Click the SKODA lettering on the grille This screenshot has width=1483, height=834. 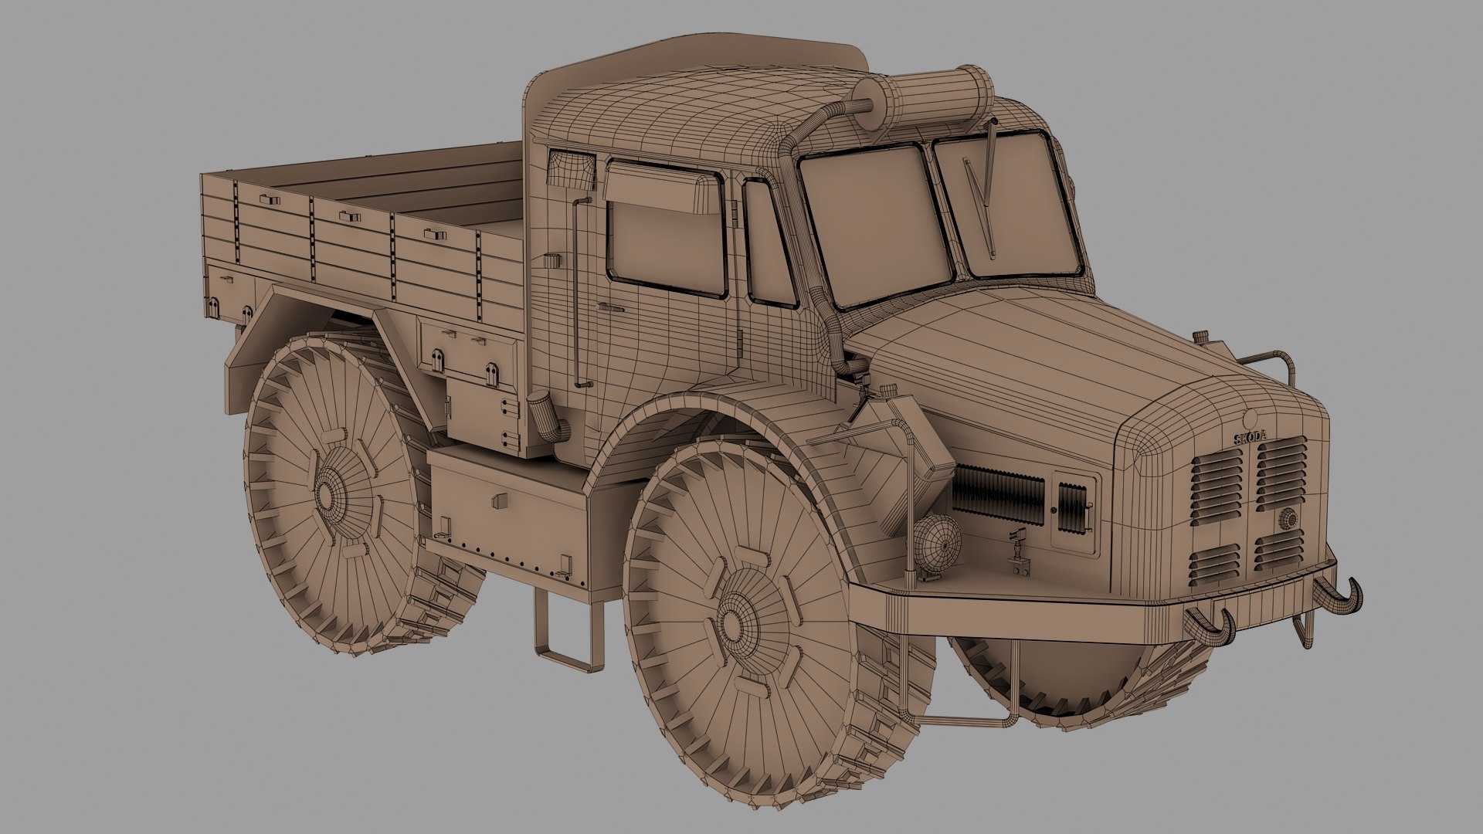(1251, 437)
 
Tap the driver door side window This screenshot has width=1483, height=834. (666, 232)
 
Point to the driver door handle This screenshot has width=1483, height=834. (612, 307)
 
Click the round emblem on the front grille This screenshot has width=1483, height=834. (1288, 519)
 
